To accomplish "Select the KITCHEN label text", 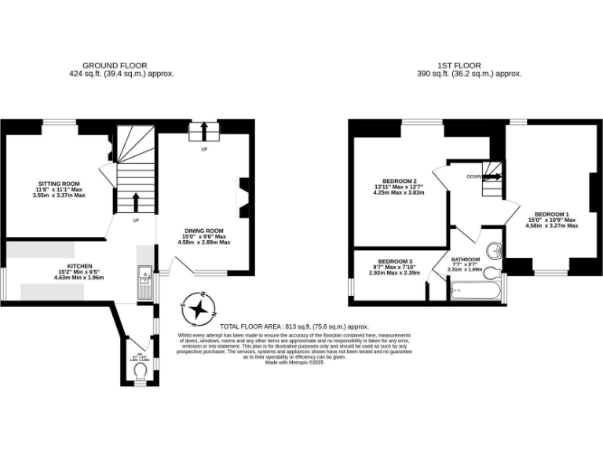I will [79, 266].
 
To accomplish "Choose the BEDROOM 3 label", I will [395, 261].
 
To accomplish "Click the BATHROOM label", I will [465, 259].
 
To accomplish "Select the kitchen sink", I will [144, 275].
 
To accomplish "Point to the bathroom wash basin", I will [493, 251].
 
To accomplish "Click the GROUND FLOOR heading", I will [115, 65].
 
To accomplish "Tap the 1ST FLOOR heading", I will [459, 65].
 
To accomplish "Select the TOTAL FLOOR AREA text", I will [294, 326].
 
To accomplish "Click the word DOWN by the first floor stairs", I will [473, 177].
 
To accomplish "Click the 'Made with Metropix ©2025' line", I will [294, 362].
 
